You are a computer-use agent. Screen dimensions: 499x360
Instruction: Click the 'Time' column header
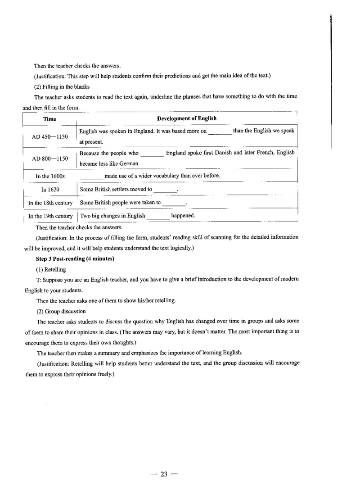49,119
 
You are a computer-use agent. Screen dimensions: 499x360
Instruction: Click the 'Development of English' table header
186,118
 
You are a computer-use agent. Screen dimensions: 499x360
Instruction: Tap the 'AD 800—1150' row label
50,159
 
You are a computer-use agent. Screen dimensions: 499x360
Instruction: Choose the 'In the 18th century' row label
50,203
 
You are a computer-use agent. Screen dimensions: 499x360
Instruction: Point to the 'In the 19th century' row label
50,216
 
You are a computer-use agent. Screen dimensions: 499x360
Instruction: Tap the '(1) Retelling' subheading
51,269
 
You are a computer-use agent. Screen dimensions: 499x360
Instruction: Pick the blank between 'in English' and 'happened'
158,217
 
